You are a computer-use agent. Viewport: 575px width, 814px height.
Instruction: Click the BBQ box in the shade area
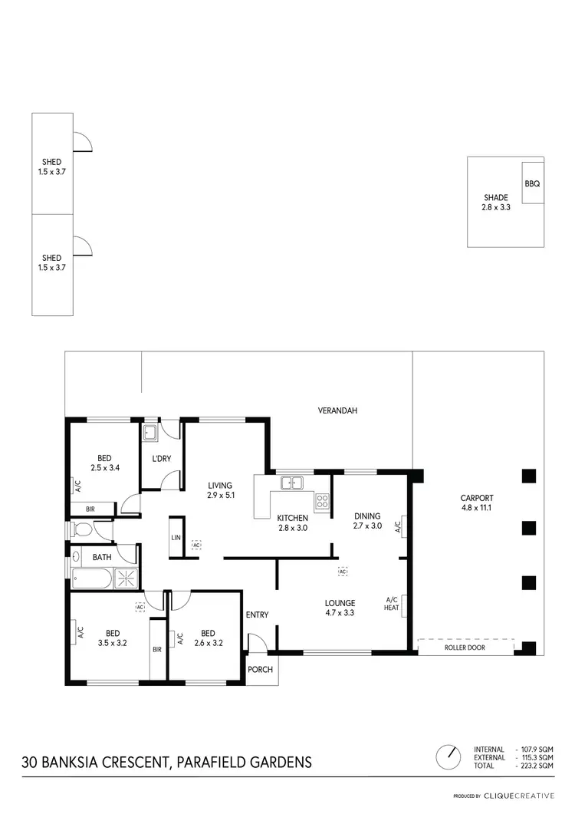click(x=533, y=183)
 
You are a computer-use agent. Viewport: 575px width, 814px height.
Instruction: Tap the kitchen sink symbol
click(x=291, y=483)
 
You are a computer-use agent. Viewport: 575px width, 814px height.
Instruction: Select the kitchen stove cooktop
click(x=323, y=503)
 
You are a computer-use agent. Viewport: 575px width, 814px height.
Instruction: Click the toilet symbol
click(x=81, y=529)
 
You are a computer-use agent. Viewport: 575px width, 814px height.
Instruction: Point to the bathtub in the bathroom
click(x=91, y=578)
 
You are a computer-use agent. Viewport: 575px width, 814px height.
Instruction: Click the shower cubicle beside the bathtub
click(x=125, y=578)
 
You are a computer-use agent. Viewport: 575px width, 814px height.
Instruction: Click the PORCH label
click(x=260, y=670)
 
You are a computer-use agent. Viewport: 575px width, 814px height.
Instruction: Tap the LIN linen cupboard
click(x=176, y=538)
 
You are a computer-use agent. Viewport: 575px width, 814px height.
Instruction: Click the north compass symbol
click(x=447, y=757)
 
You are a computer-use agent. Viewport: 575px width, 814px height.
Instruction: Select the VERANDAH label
click(x=337, y=410)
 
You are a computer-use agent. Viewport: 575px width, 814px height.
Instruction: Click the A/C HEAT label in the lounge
click(x=392, y=603)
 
